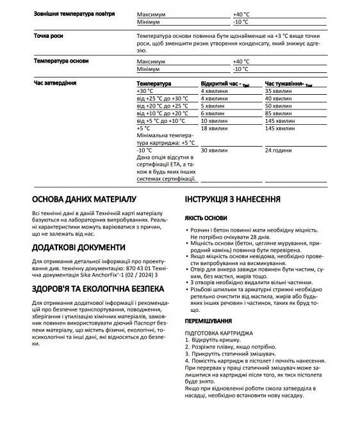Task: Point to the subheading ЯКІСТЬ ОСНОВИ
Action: (x=206, y=218)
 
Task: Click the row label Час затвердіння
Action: (x=56, y=83)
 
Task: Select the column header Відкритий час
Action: (x=224, y=84)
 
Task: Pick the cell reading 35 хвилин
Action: (x=278, y=92)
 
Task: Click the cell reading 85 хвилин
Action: (x=278, y=113)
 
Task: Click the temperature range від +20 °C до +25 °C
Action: (x=163, y=106)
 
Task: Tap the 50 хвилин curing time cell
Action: (x=278, y=106)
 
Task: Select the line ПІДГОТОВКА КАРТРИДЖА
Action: (x=218, y=333)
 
